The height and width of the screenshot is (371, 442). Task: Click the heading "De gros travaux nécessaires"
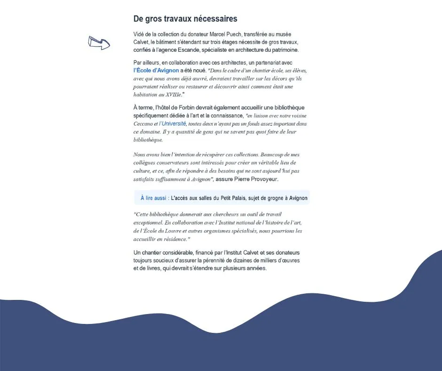[x=185, y=19]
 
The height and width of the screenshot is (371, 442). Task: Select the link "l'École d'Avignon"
[x=156, y=71]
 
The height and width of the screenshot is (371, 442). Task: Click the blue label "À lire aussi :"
[x=155, y=198]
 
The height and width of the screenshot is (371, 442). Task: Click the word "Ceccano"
[x=143, y=124]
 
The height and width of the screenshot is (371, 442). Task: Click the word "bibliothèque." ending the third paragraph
[x=148, y=140]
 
